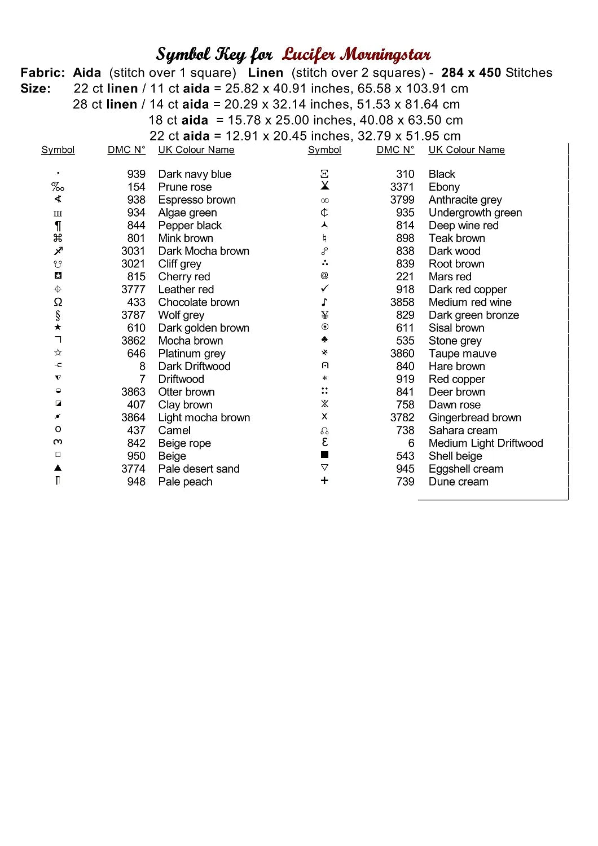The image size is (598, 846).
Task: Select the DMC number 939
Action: point(136,174)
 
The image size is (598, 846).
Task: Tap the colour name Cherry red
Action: point(184,277)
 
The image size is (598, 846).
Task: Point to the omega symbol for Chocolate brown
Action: point(58,302)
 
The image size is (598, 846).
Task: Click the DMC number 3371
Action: point(402,187)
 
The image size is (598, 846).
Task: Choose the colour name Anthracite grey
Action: point(465,200)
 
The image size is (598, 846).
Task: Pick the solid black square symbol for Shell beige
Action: point(324,455)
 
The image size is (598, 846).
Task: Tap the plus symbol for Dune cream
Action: point(324,481)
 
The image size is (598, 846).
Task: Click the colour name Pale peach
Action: point(185,482)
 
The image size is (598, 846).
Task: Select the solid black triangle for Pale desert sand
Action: point(58,468)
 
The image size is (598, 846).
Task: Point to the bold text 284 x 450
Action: point(471,73)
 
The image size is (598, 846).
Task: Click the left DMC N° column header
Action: point(126,150)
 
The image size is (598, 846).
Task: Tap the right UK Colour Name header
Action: point(467,150)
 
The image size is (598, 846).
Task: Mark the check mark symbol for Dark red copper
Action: point(324,289)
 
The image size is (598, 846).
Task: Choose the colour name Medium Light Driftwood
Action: point(486,443)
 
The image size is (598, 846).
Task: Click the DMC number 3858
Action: point(402,302)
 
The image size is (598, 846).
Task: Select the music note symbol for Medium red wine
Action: point(324,302)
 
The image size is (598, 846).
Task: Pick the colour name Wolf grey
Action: point(181,315)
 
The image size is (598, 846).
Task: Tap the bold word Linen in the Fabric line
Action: point(265,73)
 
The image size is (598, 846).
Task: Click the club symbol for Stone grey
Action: point(324,340)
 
